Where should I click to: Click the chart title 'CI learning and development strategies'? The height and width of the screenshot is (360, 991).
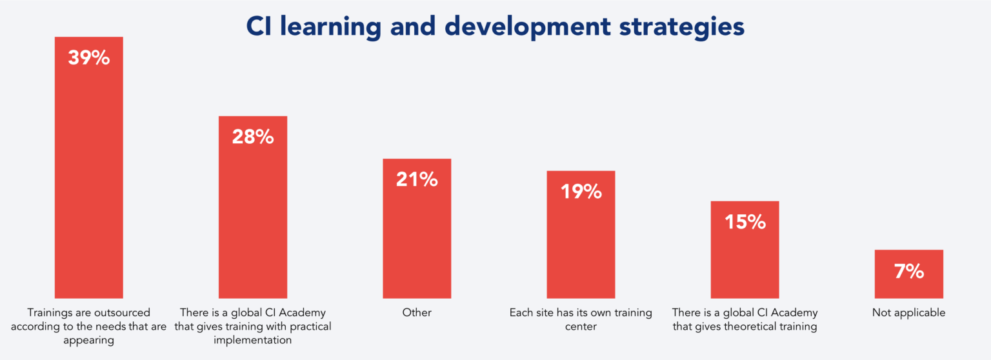pos(495,26)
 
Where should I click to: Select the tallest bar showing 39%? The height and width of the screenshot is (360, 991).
pos(89,181)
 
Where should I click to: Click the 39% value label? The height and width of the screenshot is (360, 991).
pos(89,58)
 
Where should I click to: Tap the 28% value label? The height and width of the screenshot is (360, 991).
pos(253,137)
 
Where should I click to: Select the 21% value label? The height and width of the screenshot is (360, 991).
pos(417,179)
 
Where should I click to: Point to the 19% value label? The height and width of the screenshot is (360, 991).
pos(581,192)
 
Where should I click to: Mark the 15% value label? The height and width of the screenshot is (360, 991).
pos(745,222)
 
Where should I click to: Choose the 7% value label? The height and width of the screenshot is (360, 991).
pos(908,271)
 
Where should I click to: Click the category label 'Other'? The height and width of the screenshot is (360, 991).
pos(417,313)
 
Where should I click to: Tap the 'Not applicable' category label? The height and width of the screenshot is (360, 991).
pos(908,313)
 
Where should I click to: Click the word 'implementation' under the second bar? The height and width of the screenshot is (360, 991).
pos(253,340)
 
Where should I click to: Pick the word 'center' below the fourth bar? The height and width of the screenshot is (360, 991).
pos(581,326)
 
